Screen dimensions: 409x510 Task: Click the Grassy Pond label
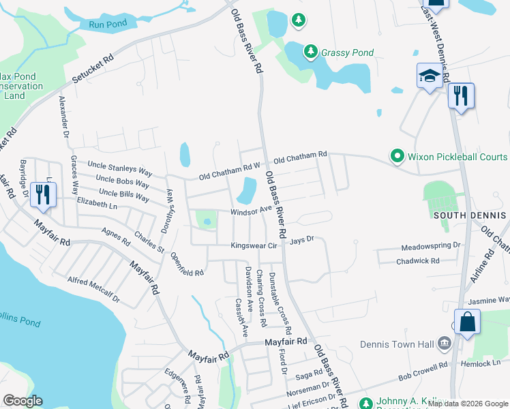(348, 52)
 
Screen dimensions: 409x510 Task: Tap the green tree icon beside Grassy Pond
(310, 52)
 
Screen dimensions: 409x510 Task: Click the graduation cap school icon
(430, 76)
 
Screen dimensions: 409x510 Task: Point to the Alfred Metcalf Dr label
(93, 289)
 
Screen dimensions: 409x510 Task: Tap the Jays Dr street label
(301, 240)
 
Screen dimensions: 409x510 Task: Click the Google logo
(23, 401)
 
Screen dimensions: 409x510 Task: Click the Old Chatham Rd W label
(230, 172)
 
